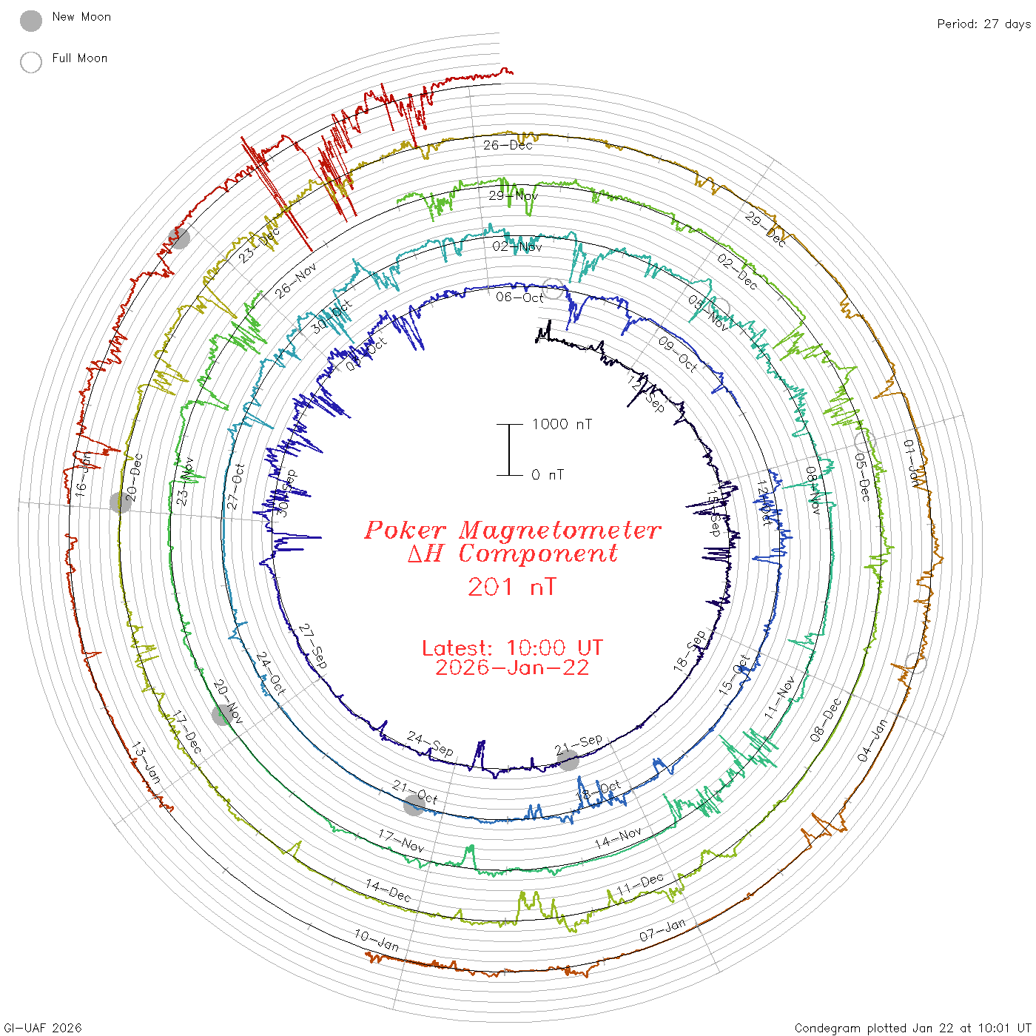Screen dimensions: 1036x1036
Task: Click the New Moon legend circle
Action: tap(31, 21)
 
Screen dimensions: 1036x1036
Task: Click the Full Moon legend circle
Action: tap(31, 62)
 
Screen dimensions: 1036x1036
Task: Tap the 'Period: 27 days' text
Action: tap(983, 24)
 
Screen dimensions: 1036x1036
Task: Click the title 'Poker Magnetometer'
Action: tap(512, 530)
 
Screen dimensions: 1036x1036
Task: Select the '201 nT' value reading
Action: tap(511, 587)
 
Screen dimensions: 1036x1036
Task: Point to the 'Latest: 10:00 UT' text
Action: tap(512, 647)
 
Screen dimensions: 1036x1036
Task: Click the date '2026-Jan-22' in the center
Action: tap(512, 667)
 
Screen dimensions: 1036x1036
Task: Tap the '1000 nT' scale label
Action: tap(562, 424)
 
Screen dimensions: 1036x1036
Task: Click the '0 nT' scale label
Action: tap(548, 474)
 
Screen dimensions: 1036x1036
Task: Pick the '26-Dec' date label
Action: tap(508, 145)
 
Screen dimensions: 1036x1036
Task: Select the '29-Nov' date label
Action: tap(514, 195)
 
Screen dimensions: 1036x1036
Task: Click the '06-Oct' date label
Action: tap(519, 297)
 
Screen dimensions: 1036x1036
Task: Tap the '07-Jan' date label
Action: tap(662, 930)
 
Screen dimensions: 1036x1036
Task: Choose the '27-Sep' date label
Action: tap(313, 647)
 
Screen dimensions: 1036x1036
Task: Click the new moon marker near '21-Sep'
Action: tap(568, 760)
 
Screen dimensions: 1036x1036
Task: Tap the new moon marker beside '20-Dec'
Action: tap(120, 502)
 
